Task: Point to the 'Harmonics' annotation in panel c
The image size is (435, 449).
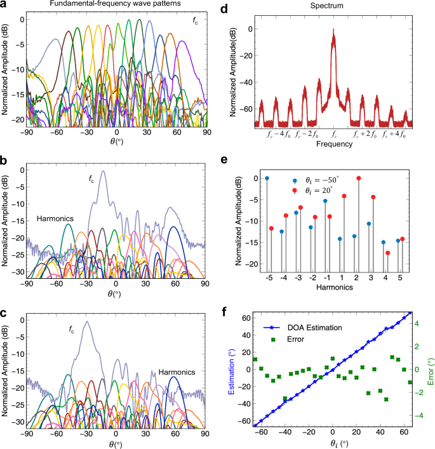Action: click(177, 372)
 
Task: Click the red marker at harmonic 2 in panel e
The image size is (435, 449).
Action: click(359, 178)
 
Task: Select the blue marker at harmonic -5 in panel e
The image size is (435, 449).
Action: click(267, 178)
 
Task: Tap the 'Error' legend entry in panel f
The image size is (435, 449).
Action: click(292, 340)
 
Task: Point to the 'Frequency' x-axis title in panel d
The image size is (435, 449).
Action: click(334, 144)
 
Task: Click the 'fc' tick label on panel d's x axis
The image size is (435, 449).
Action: click(334, 135)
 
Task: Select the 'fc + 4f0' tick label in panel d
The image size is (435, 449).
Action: click(394, 135)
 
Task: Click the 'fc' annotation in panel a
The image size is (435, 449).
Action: click(196, 21)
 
